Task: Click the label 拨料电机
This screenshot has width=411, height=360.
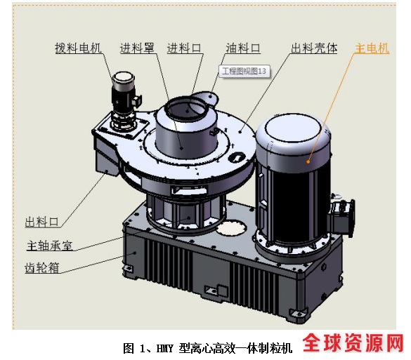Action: click(78, 48)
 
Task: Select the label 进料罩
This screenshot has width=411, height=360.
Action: click(137, 48)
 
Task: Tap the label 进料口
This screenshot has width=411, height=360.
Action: click(185, 48)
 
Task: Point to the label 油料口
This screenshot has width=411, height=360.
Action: click(243, 48)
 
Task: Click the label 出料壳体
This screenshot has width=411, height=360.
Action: click(314, 48)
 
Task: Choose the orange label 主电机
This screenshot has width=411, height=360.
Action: click(372, 48)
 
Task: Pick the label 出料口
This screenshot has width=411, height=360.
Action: click(42, 222)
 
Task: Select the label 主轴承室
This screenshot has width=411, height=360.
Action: click(50, 246)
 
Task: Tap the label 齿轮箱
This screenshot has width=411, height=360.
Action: click(42, 268)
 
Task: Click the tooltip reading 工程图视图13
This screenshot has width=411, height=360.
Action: click(244, 71)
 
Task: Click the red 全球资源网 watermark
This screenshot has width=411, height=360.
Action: click(353, 343)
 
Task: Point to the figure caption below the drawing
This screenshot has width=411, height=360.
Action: click(207, 349)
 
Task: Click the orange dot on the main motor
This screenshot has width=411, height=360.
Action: click(308, 162)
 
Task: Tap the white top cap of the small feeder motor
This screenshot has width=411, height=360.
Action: click(124, 77)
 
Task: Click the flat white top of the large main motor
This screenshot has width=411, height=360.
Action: click(294, 128)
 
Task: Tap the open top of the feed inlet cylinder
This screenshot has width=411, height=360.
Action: click(187, 108)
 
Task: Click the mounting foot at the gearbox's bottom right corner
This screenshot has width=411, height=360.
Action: click(299, 312)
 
